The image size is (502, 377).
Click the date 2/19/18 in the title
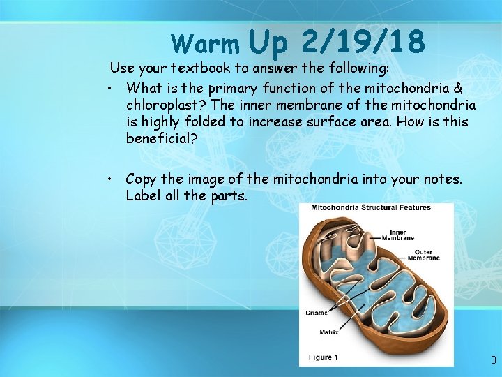click(x=363, y=42)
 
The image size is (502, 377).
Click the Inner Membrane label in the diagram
click(x=397, y=235)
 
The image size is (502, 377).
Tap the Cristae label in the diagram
click(x=316, y=313)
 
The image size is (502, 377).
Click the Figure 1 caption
click(x=324, y=357)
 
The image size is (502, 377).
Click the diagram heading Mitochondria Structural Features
click(x=370, y=207)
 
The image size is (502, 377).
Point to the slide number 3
click(x=493, y=361)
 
